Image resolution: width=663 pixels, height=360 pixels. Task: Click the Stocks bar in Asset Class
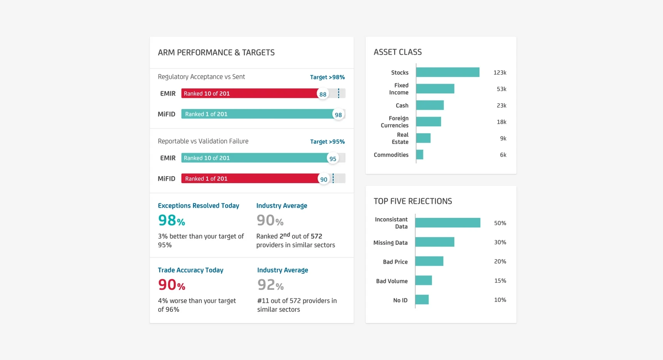coord(448,72)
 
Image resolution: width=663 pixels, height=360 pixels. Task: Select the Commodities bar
coord(420,155)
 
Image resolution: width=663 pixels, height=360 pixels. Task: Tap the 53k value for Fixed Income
coord(501,89)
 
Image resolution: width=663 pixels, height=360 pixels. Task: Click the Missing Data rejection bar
coord(435,242)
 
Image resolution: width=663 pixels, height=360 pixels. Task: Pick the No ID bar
coord(422,299)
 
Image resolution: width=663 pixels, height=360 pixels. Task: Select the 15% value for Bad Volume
coord(500,281)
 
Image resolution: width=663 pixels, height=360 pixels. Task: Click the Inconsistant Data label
coord(391,223)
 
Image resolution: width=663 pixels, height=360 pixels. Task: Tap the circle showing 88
coord(323,94)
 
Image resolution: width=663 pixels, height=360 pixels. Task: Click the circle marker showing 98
coord(338,114)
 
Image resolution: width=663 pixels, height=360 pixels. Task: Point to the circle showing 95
coord(333,158)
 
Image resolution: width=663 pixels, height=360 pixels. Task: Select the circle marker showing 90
coord(324,179)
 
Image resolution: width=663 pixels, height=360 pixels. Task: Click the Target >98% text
coord(327,77)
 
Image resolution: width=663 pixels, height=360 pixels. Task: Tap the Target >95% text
coord(327,141)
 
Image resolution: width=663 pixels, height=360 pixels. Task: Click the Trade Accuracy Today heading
coord(190,270)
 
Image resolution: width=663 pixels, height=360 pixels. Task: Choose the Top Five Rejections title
coord(413,201)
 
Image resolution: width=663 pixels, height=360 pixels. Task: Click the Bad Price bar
coord(429,261)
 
